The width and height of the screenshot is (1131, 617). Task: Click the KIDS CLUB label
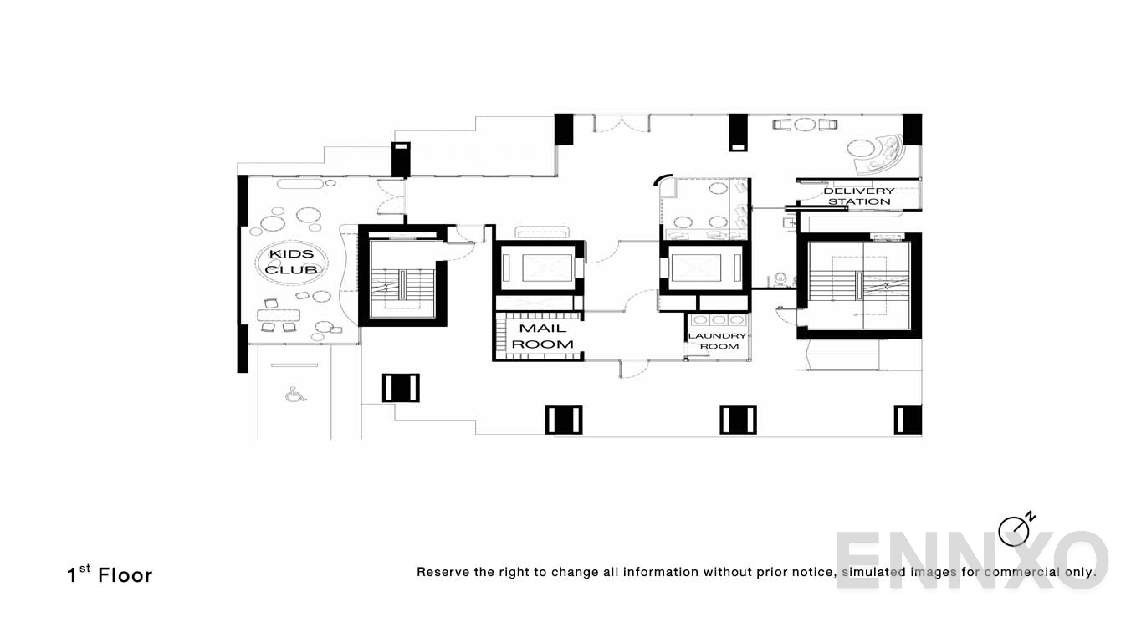point(290,262)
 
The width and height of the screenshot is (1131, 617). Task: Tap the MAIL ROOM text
point(542,336)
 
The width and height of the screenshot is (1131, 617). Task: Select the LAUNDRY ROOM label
point(717,341)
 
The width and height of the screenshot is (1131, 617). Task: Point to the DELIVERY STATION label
point(859,196)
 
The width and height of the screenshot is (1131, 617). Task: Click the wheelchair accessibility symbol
point(294,394)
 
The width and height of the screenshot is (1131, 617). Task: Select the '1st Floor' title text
point(110,574)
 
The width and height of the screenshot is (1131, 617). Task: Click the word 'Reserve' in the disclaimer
point(443,573)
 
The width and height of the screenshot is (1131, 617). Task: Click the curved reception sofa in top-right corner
point(888,155)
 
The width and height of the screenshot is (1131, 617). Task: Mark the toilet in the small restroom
point(780,277)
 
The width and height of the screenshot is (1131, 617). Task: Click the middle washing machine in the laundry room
point(719,320)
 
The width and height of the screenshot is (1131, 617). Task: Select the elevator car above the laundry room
point(704,268)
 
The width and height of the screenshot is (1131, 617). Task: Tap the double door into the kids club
point(391,199)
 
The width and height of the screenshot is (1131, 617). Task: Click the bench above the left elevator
point(542,232)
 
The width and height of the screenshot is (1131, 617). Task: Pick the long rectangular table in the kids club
point(279,315)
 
